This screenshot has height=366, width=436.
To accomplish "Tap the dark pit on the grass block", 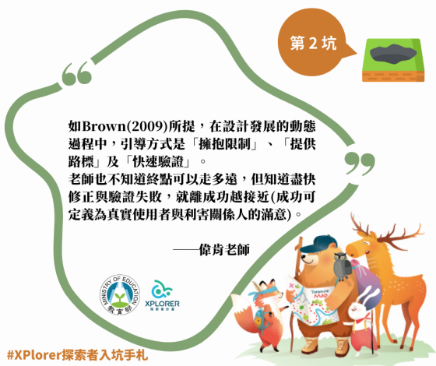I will pyautogui.click(x=392, y=54).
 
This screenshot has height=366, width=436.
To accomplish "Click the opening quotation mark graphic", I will pyautogui.click(x=77, y=76).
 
